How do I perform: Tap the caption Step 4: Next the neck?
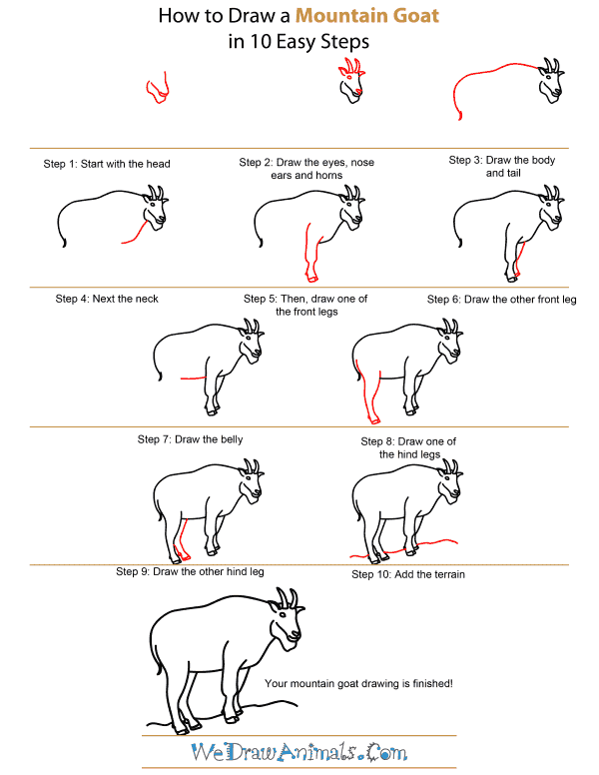click(107, 299)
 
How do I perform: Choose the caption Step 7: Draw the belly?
click(190, 438)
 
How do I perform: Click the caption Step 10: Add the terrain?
click(408, 574)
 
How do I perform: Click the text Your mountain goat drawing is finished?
click(359, 683)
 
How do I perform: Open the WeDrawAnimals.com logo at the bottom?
click(299, 750)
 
